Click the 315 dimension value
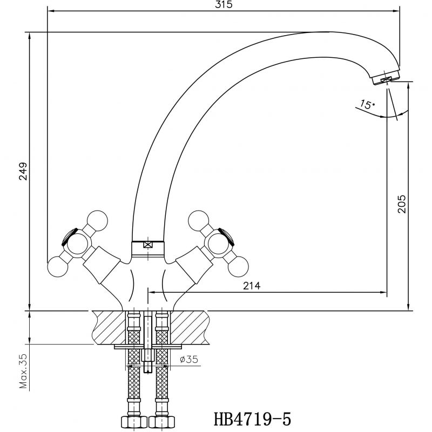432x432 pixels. point(224,5)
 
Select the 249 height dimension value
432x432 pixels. point(23,171)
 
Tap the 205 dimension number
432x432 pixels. point(402,204)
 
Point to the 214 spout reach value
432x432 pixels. point(252,286)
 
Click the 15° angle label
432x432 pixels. point(367,104)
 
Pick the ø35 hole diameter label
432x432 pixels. point(189,359)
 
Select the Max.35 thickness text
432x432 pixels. point(24,372)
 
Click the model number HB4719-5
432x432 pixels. point(252,419)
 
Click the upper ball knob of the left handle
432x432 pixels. point(97,221)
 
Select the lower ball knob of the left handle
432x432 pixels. point(58,267)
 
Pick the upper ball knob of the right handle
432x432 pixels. point(199,221)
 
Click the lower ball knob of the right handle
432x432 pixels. point(238,267)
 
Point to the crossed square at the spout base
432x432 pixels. point(148,245)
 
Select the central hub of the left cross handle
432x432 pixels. point(78,244)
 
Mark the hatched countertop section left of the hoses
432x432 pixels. point(109,327)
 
